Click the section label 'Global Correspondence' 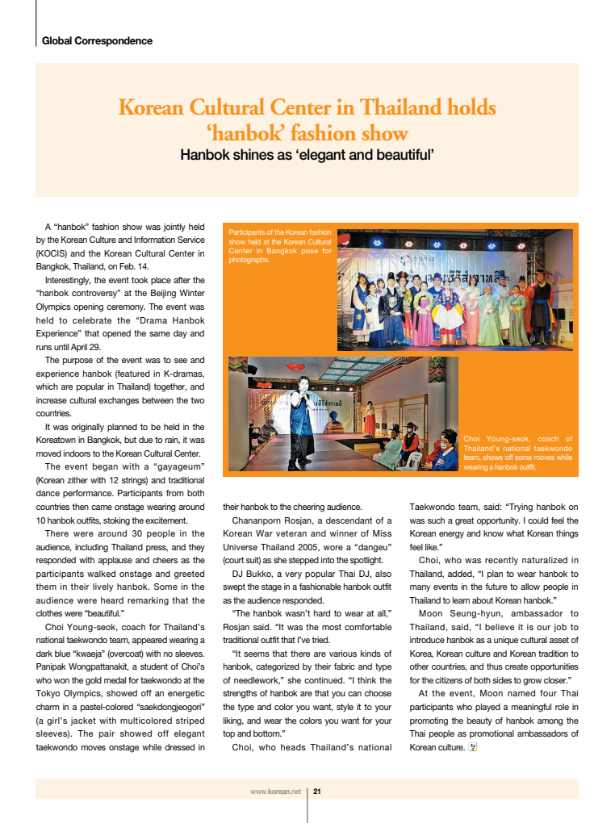click(x=97, y=40)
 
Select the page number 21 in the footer click(x=317, y=792)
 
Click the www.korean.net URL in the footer click(x=275, y=792)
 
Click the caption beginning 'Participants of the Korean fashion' click(x=280, y=246)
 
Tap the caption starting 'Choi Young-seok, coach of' click(x=518, y=453)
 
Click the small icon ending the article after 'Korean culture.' click(x=473, y=747)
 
